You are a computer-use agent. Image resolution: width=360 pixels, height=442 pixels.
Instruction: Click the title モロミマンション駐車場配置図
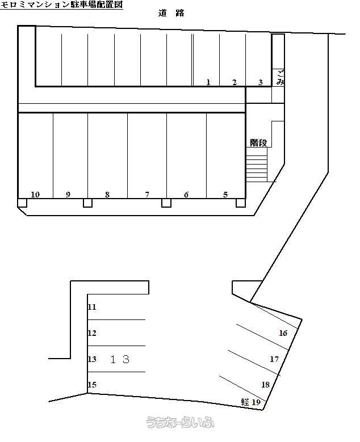coord(61,5)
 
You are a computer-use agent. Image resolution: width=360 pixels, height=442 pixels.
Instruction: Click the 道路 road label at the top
coord(171,13)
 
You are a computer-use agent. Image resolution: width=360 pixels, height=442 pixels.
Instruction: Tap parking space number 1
coord(208,82)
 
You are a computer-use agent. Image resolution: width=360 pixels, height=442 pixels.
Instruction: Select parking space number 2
coord(235,82)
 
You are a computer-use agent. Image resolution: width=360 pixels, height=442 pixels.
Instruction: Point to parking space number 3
coord(261,82)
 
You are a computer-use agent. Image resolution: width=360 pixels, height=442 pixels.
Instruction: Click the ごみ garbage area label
coord(281,78)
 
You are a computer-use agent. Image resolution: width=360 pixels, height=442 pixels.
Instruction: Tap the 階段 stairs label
coord(258,142)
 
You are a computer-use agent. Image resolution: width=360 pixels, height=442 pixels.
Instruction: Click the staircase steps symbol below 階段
coord(257,165)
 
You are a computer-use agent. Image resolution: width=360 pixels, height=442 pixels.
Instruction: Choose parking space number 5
coord(225,195)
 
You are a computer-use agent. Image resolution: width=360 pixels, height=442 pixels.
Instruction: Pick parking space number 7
coord(147,195)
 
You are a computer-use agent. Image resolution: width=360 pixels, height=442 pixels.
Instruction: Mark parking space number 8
coord(107,195)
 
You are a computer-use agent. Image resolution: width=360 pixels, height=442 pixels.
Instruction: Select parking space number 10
coord(35,195)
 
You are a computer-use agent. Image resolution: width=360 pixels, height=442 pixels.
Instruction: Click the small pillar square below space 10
coord(22,203)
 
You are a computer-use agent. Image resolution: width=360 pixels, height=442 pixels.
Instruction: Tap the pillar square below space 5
coord(241,203)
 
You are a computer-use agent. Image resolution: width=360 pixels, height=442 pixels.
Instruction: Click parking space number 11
coord(92,307)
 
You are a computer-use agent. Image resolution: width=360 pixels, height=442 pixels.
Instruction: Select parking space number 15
coord(92,385)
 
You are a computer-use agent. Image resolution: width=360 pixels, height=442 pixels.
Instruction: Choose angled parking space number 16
coord(283,333)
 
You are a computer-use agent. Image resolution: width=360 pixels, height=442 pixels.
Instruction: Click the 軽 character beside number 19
coord(245,402)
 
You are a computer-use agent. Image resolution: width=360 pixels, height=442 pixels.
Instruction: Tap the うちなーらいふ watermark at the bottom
coord(180,422)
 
